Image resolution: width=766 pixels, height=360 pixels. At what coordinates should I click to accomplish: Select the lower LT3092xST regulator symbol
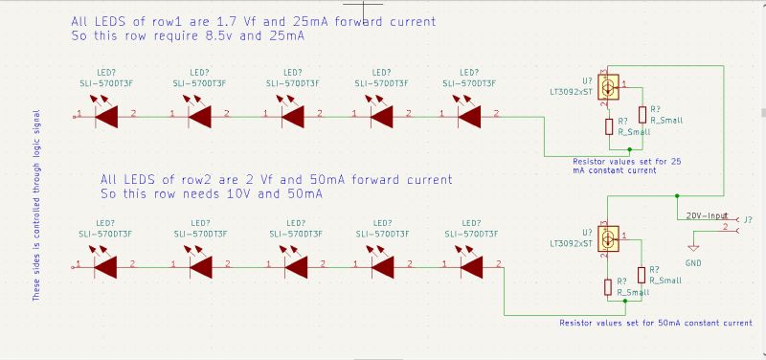tap(607, 239)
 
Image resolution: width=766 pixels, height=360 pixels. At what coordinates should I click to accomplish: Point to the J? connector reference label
tap(748, 219)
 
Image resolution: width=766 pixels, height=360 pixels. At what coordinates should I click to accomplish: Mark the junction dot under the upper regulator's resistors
tap(627, 150)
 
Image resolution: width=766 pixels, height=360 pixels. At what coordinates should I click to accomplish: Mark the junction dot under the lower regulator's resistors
tap(625, 301)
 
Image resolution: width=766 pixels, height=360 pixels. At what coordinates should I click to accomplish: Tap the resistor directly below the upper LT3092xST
tap(607, 126)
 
